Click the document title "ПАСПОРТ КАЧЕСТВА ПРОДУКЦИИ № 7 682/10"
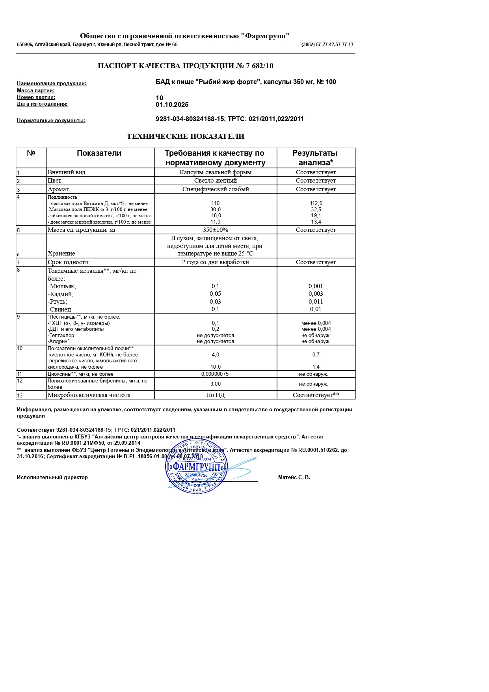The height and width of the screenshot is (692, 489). (185, 66)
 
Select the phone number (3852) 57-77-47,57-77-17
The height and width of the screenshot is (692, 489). (327, 45)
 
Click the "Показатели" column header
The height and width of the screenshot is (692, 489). (99, 153)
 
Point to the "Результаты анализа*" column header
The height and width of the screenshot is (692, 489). (315, 158)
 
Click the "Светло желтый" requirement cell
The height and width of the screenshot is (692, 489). (216, 181)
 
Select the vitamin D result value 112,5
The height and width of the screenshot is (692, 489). (316, 203)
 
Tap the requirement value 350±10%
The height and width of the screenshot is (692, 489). (216, 230)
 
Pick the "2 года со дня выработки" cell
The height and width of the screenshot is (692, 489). (216, 262)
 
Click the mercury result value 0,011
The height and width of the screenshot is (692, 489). (316, 302)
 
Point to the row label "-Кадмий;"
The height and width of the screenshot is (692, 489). (60, 294)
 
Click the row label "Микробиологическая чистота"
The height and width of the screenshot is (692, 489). (89, 395)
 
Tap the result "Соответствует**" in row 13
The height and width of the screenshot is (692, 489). (316, 395)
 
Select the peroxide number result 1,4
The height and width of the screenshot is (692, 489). (316, 367)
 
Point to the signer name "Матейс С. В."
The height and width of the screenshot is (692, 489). (294, 477)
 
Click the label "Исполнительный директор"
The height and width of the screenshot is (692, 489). (52, 477)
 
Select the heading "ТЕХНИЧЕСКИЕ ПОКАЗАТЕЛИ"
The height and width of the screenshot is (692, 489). (185, 136)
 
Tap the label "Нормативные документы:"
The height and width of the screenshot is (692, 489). (51, 121)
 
